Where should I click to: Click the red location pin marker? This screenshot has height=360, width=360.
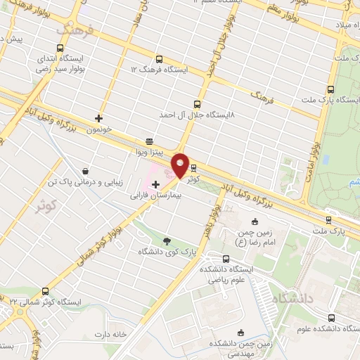coord(180,165)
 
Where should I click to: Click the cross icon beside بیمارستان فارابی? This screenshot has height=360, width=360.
coord(155,184)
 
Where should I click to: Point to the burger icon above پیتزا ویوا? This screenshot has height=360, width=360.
coord(148,141)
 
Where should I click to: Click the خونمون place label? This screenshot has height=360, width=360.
coord(99,131)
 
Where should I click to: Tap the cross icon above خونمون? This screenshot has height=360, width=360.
coord(99,118)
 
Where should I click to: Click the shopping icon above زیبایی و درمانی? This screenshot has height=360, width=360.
coord(85,171)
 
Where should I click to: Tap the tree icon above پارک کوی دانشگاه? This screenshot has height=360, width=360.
coord(167,240)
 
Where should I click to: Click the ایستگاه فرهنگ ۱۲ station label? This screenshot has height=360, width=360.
coord(160,70)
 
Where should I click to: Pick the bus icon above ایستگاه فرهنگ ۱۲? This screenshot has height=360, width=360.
coord(160,59)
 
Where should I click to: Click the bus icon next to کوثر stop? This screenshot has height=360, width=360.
coord(193,168)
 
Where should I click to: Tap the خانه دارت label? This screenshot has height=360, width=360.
coord(114,334)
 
